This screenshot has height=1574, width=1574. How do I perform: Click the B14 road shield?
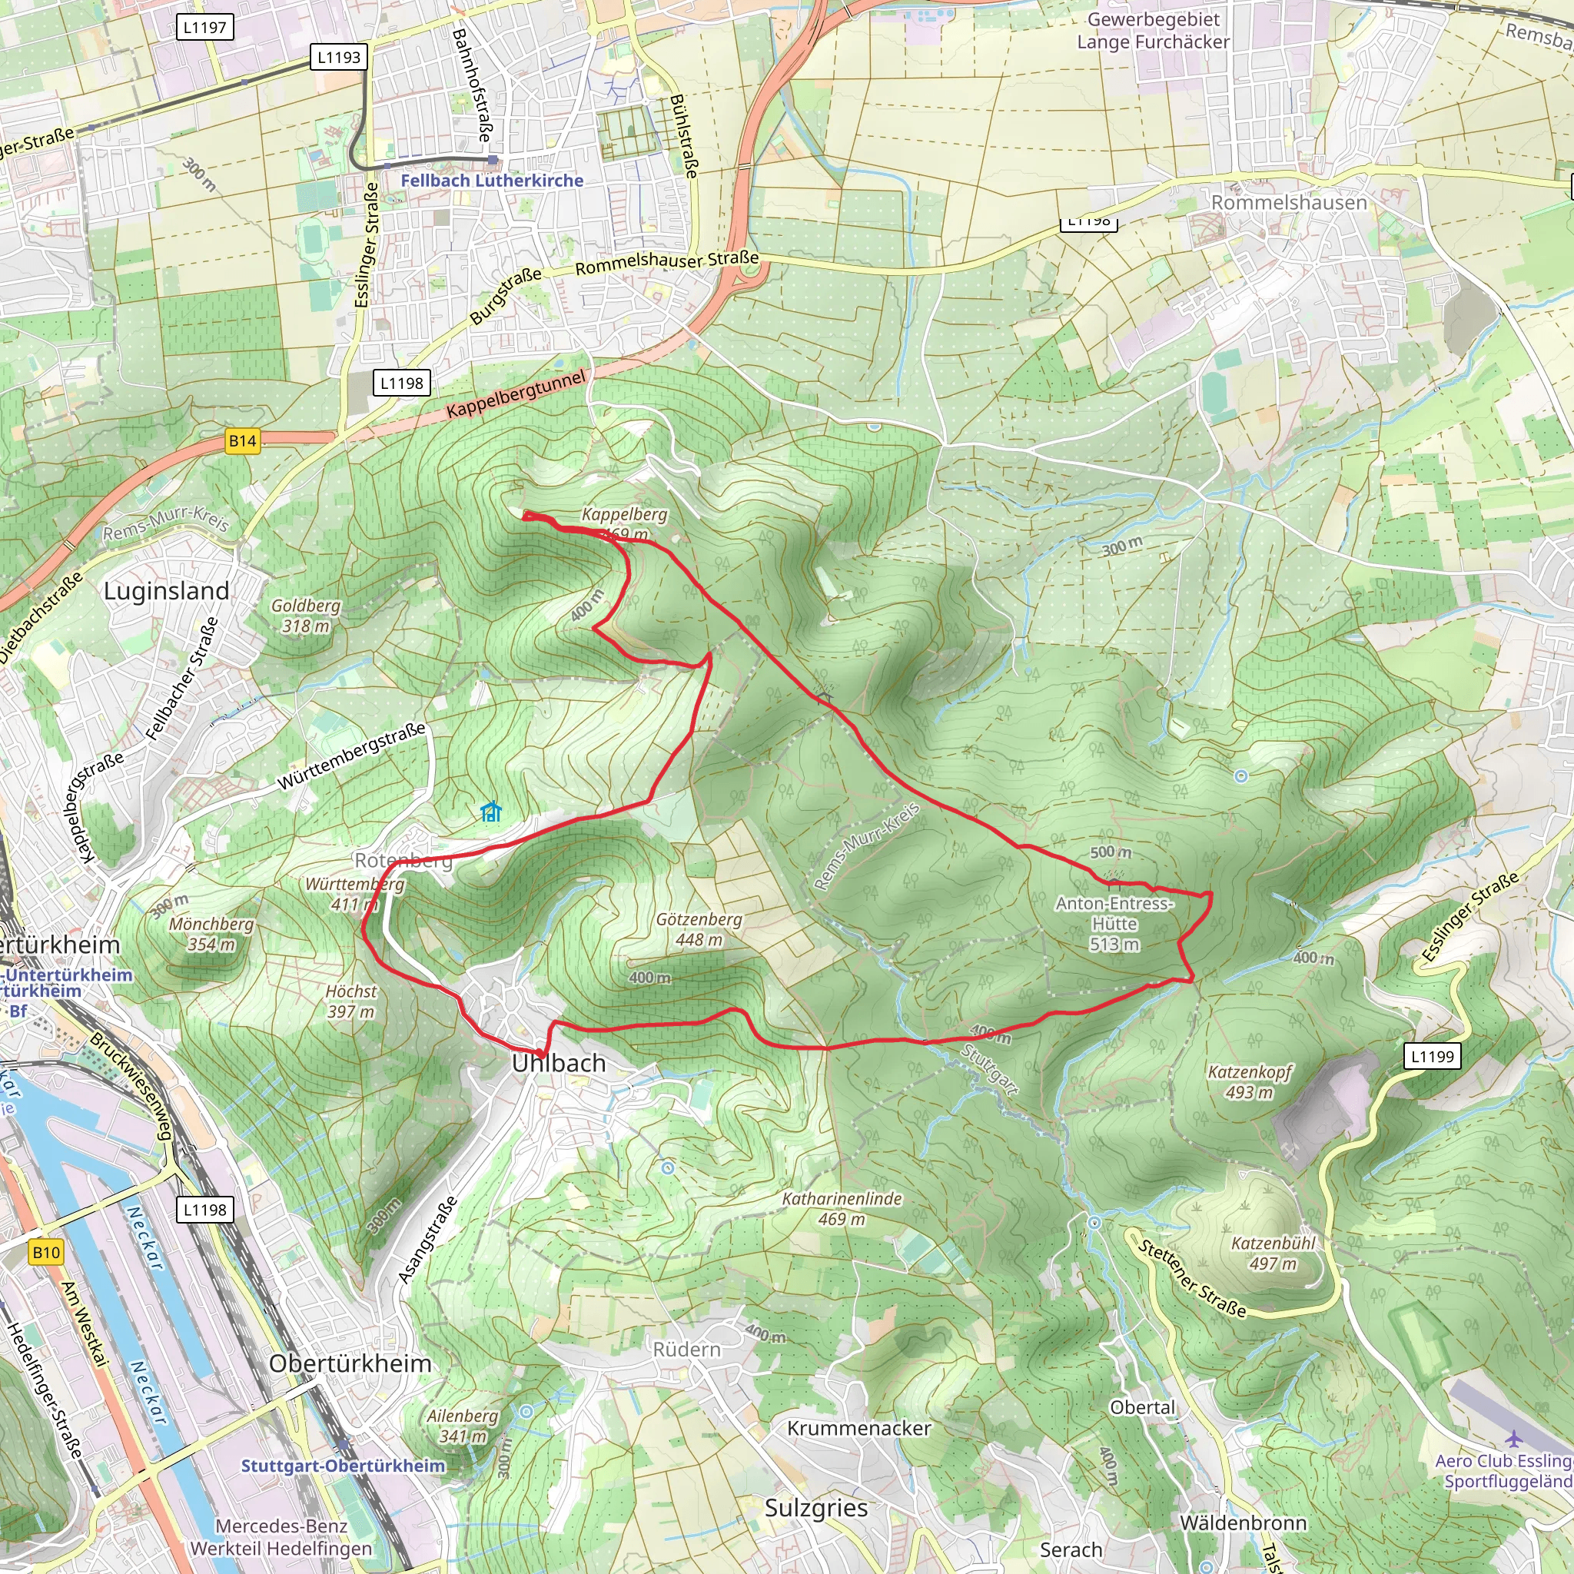coord(242,442)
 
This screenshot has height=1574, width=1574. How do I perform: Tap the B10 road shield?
coord(45,1252)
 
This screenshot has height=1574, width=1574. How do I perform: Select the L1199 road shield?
coord(1433,1057)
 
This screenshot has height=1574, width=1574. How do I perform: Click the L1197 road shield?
coord(204,28)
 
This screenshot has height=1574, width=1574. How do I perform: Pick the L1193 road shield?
coord(339,57)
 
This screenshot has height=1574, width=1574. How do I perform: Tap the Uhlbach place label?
coord(559,1063)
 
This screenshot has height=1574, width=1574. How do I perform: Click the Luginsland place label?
coord(166,591)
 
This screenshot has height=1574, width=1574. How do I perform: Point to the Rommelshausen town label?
coord(1289,202)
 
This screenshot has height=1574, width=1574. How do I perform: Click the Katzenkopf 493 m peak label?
coord(1250,1082)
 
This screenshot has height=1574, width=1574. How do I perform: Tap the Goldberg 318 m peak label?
coord(306,616)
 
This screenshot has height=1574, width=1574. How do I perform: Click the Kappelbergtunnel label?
coord(516,394)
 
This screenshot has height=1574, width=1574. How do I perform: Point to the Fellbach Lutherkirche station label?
coord(492,180)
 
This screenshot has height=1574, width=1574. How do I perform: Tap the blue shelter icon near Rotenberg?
coord(490,812)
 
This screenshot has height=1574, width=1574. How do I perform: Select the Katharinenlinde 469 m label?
coord(842,1209)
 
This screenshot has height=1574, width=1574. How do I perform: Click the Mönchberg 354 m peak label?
coord(211,935)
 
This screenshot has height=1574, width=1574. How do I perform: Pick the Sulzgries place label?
coord(815,1508)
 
